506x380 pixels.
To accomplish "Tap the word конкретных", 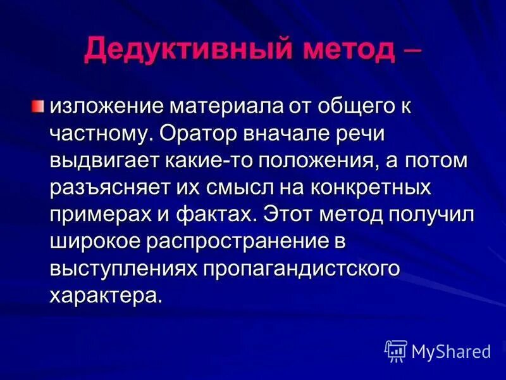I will (x=383, y=187).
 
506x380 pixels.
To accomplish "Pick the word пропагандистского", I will (x=302, y=268).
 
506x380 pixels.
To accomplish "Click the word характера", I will (x=105, y=295).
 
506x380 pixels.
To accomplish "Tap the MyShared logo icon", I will (x=396, y=350).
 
